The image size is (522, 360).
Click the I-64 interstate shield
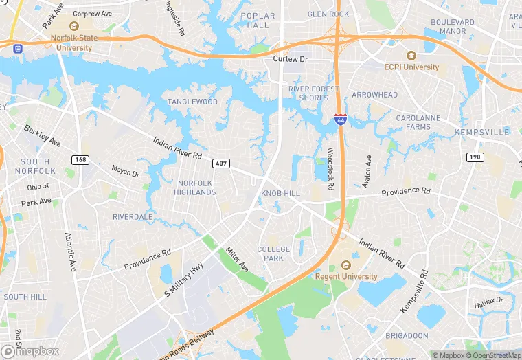(340, 120)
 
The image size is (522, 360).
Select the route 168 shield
(80, 160)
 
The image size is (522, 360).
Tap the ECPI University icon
(411, 56)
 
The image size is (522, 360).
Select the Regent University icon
(345, 265)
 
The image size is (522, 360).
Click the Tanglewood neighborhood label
(192, 102)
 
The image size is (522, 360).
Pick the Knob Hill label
(280, 194)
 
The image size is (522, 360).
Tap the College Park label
(274, 254)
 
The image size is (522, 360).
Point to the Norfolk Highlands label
(196, 188)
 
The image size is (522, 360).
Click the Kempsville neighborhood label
(481, 131)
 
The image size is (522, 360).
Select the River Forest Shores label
(314, 93)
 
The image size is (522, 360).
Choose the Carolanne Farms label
(418, 122)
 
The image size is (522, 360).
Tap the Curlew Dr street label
(288, 59)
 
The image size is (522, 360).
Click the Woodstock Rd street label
(330, 168)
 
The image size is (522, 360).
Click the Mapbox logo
(30, 350)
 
